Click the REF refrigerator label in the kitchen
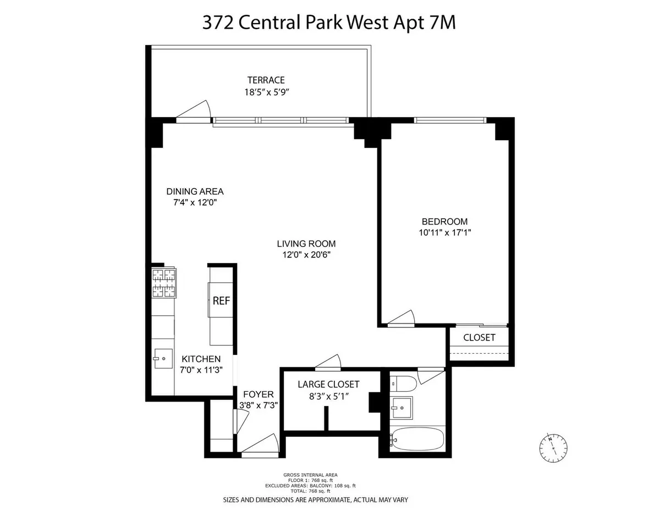tap(221, 301)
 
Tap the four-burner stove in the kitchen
tap(164, 283)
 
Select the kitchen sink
tap(162, 358)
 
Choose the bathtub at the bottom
tap(417, 439)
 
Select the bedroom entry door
tap(401, 319)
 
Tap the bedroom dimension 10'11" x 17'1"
tap(445, 232)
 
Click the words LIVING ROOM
tap(306, 244)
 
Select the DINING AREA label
tap(195, 191)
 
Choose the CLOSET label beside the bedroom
tap(479, 337)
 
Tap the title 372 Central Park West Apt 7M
tap(329, 23)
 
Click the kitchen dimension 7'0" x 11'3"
tap(200, 370)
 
